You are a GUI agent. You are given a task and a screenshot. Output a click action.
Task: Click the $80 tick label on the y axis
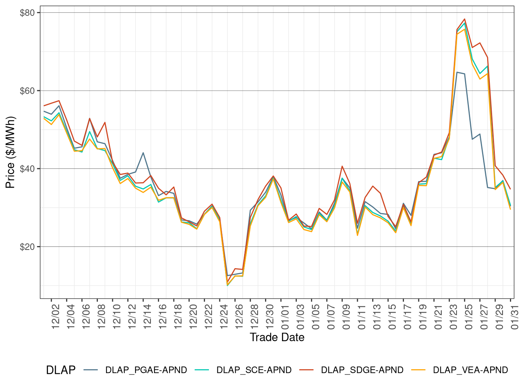pos(27,13)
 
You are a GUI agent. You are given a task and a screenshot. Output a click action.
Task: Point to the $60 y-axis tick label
pos(27,91)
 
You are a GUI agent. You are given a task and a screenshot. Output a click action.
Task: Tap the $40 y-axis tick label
pos(27,169)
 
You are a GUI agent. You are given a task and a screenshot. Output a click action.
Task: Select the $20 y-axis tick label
pos(27,247)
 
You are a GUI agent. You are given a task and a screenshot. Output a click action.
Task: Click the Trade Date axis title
pos(277,337)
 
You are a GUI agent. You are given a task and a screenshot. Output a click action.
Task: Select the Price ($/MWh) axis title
pos(10,152)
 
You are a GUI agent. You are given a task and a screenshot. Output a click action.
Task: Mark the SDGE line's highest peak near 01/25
pos(464,19)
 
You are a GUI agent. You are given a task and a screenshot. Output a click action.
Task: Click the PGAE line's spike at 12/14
pos(143,153)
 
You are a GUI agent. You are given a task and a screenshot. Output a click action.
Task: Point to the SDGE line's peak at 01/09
pos(342,166)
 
